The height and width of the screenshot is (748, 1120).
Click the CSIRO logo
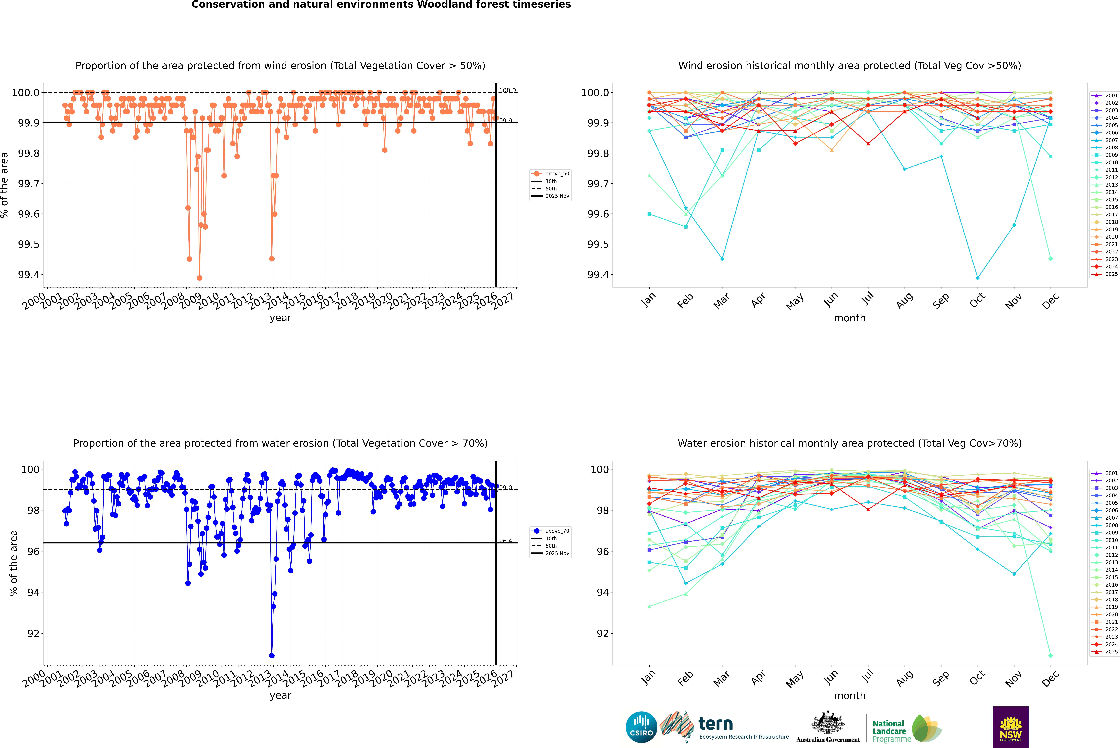coord(641,727)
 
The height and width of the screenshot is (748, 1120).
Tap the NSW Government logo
coord(1011,727)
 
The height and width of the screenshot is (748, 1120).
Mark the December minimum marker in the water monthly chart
coord(1050,655)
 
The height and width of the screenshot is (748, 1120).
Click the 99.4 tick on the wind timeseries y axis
coord(29,275)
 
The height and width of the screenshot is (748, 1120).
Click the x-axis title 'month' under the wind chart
coord(849,318)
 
